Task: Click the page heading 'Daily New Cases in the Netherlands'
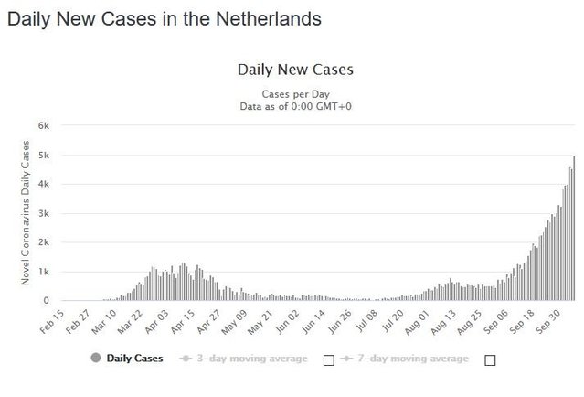click(164, 17)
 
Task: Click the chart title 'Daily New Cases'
click(295, 70)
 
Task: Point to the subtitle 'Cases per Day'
click(295, 94)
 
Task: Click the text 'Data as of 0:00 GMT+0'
click(295, 106)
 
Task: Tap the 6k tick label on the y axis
click(43, 126)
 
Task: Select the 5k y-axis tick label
click(43, 156)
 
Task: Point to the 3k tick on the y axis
click(43, 213)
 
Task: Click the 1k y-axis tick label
click(43, 272)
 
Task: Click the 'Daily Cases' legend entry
click(127, 359)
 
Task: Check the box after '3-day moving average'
click(329, 359)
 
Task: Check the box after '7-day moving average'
click(490, 359)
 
